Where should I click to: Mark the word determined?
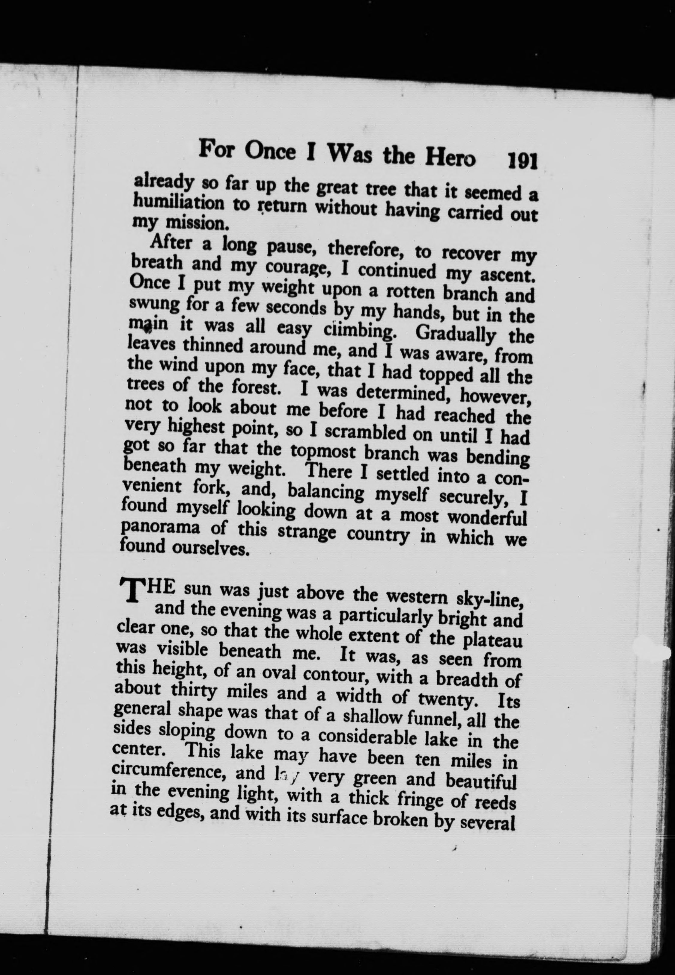405,393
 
